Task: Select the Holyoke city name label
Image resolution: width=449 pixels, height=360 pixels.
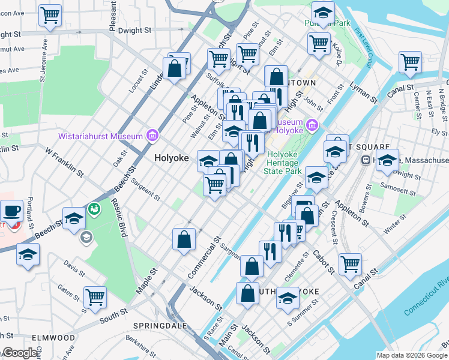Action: pyautogui.click(x=172, y=158)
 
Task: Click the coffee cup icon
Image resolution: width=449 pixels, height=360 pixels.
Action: pyautogui.click(x=12, y=211)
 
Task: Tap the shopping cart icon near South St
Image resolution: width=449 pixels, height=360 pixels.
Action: pyautogui.click(x=95, y=296)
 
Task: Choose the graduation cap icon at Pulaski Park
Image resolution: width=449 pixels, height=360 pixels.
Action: pyautogui.click(x=323, y=13)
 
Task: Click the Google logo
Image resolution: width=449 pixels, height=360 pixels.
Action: pyautogui.click(x=20, y=353)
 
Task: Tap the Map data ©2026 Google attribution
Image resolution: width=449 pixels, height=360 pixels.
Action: pyautogui.click(x=412, y=355)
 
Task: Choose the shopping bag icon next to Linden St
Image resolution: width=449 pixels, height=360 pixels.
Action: pyautogui.click(x=175, y=68)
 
